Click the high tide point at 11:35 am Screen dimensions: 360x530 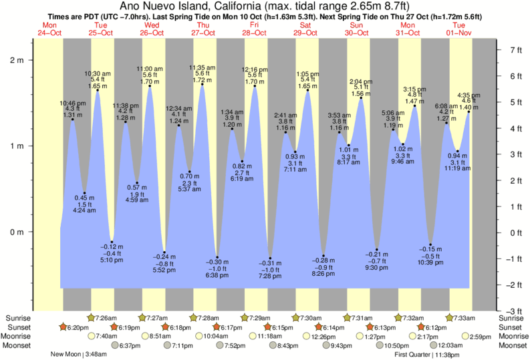tap(203, 84)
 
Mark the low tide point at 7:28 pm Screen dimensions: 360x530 tap(270, 258)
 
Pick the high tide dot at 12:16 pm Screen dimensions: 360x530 tap(255, 86)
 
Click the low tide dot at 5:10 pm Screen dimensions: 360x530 tap(112, 242)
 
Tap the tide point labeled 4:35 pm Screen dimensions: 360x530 tap(469, 112)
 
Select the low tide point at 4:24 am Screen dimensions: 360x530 tap(84, 193)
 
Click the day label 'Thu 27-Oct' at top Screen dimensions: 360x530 tap(203, 29)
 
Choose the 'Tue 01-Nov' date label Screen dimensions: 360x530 tap(458, 29)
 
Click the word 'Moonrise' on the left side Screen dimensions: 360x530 tap(19, 337)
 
